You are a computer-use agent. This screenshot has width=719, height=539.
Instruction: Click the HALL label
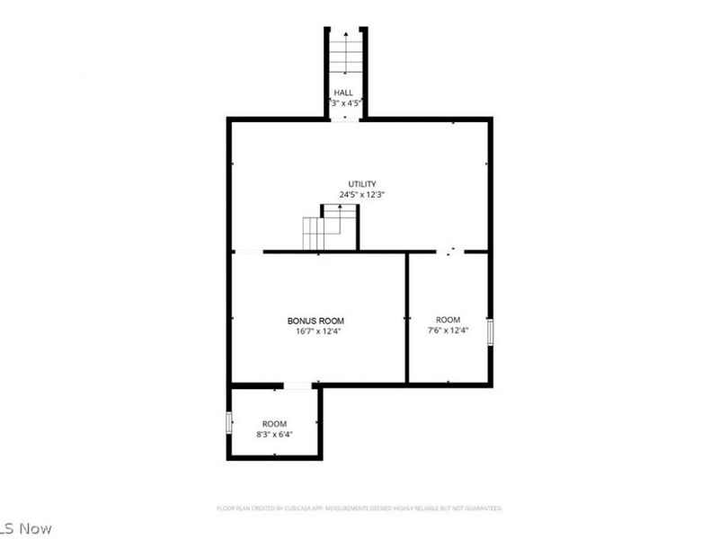[343, 93]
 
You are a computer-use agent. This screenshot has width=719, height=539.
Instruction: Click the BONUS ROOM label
[315, 321]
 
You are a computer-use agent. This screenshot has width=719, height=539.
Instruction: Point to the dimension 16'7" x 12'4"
[315, 331]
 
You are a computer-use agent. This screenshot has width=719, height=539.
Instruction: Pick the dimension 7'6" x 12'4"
[448, 331]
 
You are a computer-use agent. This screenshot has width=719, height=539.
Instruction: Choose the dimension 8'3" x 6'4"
[274, 435]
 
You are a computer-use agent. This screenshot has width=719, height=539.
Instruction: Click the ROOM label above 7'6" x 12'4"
[448, 320]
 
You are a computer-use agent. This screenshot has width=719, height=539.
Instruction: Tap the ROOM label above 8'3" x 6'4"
[274, 424]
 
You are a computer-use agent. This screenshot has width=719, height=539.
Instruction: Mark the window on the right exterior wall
[490, 331]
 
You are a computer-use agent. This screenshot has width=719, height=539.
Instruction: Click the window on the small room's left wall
[229, 422]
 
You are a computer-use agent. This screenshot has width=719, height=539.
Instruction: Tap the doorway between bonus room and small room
[297, 386]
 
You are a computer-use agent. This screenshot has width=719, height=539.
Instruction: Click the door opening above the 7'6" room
[451, 252]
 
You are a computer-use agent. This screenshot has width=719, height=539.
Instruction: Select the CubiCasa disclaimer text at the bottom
[359, 508]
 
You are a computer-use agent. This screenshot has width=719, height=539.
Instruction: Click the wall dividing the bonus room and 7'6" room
[407, 318]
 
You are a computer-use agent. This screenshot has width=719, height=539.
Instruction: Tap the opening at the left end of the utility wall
[248, 252]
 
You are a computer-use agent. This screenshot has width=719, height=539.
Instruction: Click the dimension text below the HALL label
[345, 103]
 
